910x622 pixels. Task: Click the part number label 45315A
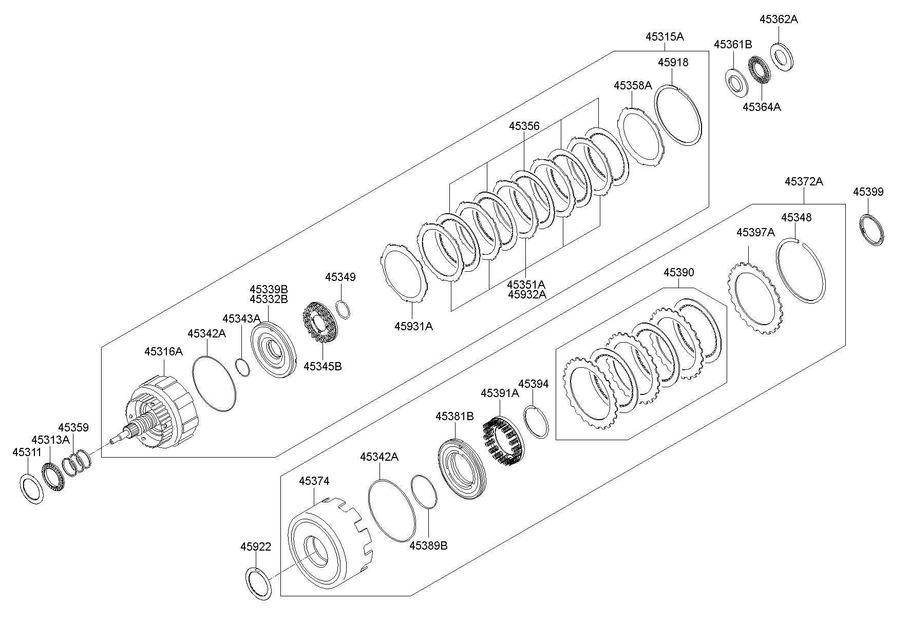pyautogui.click(x=665, y=36)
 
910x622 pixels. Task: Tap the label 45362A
pyautogui.click(x=779, y=19)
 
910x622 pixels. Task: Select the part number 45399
pyautogui.click(x=868, y=192)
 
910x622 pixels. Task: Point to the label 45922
pyautogui.click(x=255, y=547)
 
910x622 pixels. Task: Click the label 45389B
pyautogui.click(x=428, y=545)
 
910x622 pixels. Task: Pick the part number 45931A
pyautogui.click(x=413, y=326)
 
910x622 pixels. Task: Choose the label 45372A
pyautogui.click(x=804, y=181)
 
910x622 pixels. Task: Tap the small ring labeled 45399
pyautogui.click(x=872, y=230)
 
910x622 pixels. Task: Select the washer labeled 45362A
pyautogui.click(x=782, y=57)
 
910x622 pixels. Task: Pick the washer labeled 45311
pyautogui.click(x=32, y=489)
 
